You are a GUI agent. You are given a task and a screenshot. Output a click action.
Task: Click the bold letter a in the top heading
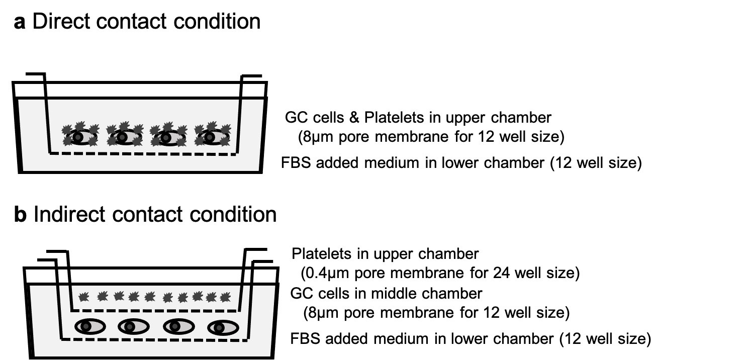pyautogui.click(x=19, y=23)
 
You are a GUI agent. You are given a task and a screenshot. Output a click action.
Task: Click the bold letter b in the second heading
pyautogui.click(x=20, y=215)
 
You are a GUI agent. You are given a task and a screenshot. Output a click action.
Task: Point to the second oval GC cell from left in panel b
pyautogui.click(x=133, y=326)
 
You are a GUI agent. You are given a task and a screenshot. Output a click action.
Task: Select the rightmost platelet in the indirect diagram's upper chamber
pyautogui.click(x=225, y=297)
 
